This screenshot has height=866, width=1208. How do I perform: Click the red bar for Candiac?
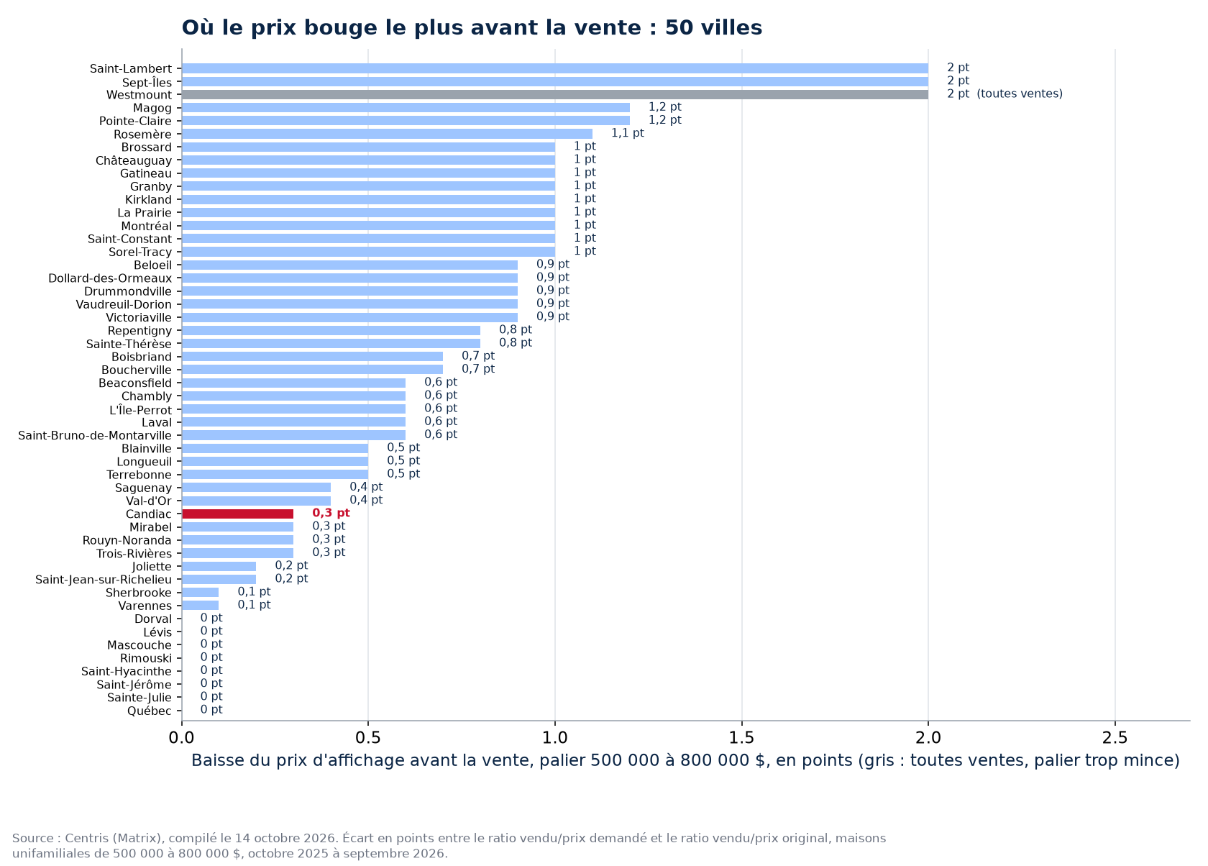click(238, 514)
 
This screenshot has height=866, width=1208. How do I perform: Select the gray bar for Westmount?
click(555, 94)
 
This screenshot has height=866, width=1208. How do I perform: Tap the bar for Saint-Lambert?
click(555, 68)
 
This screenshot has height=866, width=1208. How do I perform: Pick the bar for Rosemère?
click(387, 134)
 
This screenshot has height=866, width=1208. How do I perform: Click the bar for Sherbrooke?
click(201, 593)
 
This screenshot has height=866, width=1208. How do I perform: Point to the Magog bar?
click(406, 108)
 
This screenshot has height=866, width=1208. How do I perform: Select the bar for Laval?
click(294, 422)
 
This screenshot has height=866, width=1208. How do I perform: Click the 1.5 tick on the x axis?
click(741, 723)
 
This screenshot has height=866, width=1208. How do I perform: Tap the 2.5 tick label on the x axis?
click(1115, 737)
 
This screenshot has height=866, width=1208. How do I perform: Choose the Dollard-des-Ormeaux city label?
click(110, 278)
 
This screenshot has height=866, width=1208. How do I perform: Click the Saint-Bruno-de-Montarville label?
click(95, 435)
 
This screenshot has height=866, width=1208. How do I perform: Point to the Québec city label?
click(150, 711)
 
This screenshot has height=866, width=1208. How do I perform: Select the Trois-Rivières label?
click(134, 554)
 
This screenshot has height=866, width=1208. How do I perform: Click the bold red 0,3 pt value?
click(331, 513)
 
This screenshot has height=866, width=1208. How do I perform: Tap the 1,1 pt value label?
click(627, 133)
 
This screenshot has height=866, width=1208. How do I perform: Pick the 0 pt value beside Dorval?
click(211, 618)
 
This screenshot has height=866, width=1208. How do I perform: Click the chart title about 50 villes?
click(472, 27)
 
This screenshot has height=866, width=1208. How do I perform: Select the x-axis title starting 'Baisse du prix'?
click(685, 761)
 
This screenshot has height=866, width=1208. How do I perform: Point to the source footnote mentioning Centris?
click(449, 846)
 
